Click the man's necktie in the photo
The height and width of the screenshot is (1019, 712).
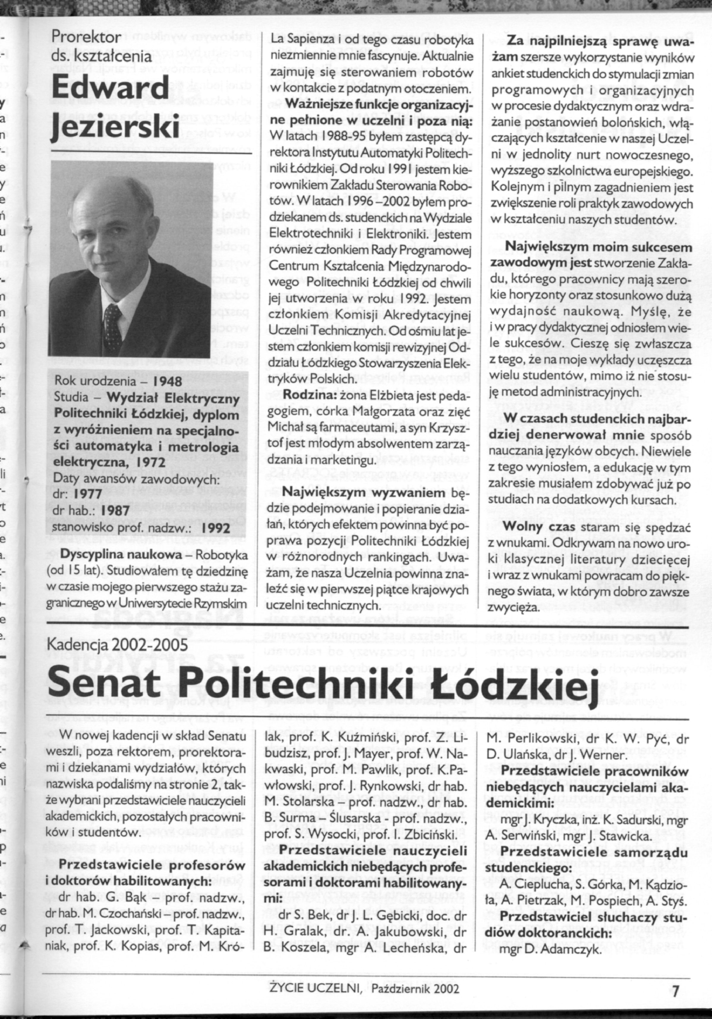pyautogui.click(x=113, y=321)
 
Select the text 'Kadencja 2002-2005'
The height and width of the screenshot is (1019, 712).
pyautogui.click(x=120, y=645)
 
